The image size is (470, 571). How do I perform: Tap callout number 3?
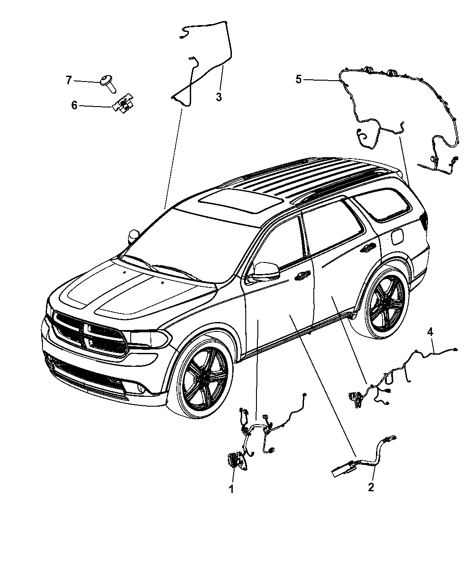pos(219,97)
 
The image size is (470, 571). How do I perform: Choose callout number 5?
pos(299,79)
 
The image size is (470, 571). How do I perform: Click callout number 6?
pos(74,105)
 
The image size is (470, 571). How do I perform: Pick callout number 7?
pos(68,80)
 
